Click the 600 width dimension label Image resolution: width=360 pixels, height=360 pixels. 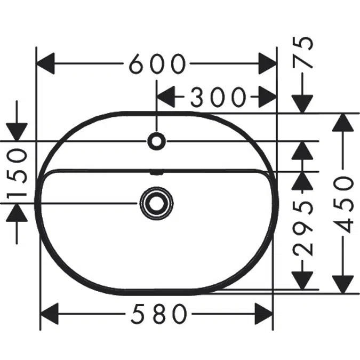(157, 63)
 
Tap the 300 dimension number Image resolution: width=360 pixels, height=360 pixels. (218, 97)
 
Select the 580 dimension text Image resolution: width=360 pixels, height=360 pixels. (159, 314)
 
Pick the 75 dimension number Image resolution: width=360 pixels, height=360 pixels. (302, 53)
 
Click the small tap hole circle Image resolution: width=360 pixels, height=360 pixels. (157, 141)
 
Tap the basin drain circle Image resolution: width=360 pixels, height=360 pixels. (157, 203)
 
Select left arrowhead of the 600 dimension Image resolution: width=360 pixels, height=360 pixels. (46, 63)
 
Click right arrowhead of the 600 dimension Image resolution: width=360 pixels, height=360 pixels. (268, 63)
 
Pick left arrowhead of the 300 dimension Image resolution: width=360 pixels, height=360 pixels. (166, 97)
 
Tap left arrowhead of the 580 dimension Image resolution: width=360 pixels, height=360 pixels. (50, 314)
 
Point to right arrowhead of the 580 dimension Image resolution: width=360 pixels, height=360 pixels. (264, 314)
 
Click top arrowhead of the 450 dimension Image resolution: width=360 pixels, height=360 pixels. (342, 122)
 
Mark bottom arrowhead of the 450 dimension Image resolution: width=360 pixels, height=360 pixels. (342, 285)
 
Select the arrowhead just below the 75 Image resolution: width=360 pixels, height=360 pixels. (302, 104)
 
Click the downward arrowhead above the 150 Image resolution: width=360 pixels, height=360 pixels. (17, 132)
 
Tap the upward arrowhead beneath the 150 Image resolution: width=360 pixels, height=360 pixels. (17, 213)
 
